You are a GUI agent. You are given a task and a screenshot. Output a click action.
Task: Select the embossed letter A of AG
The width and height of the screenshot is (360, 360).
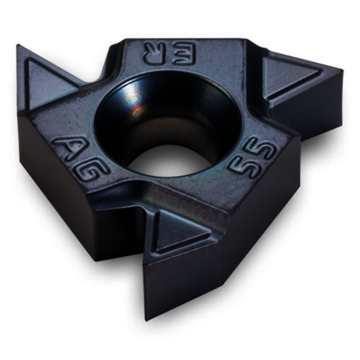tap(68, 147)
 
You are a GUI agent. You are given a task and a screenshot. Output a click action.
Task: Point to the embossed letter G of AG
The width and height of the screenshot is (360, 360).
tap(93, 164)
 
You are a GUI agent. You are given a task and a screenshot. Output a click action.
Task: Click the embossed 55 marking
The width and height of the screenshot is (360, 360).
tap(246, 158)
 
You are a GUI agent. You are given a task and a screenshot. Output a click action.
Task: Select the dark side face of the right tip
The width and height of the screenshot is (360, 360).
tap(319, 101)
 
